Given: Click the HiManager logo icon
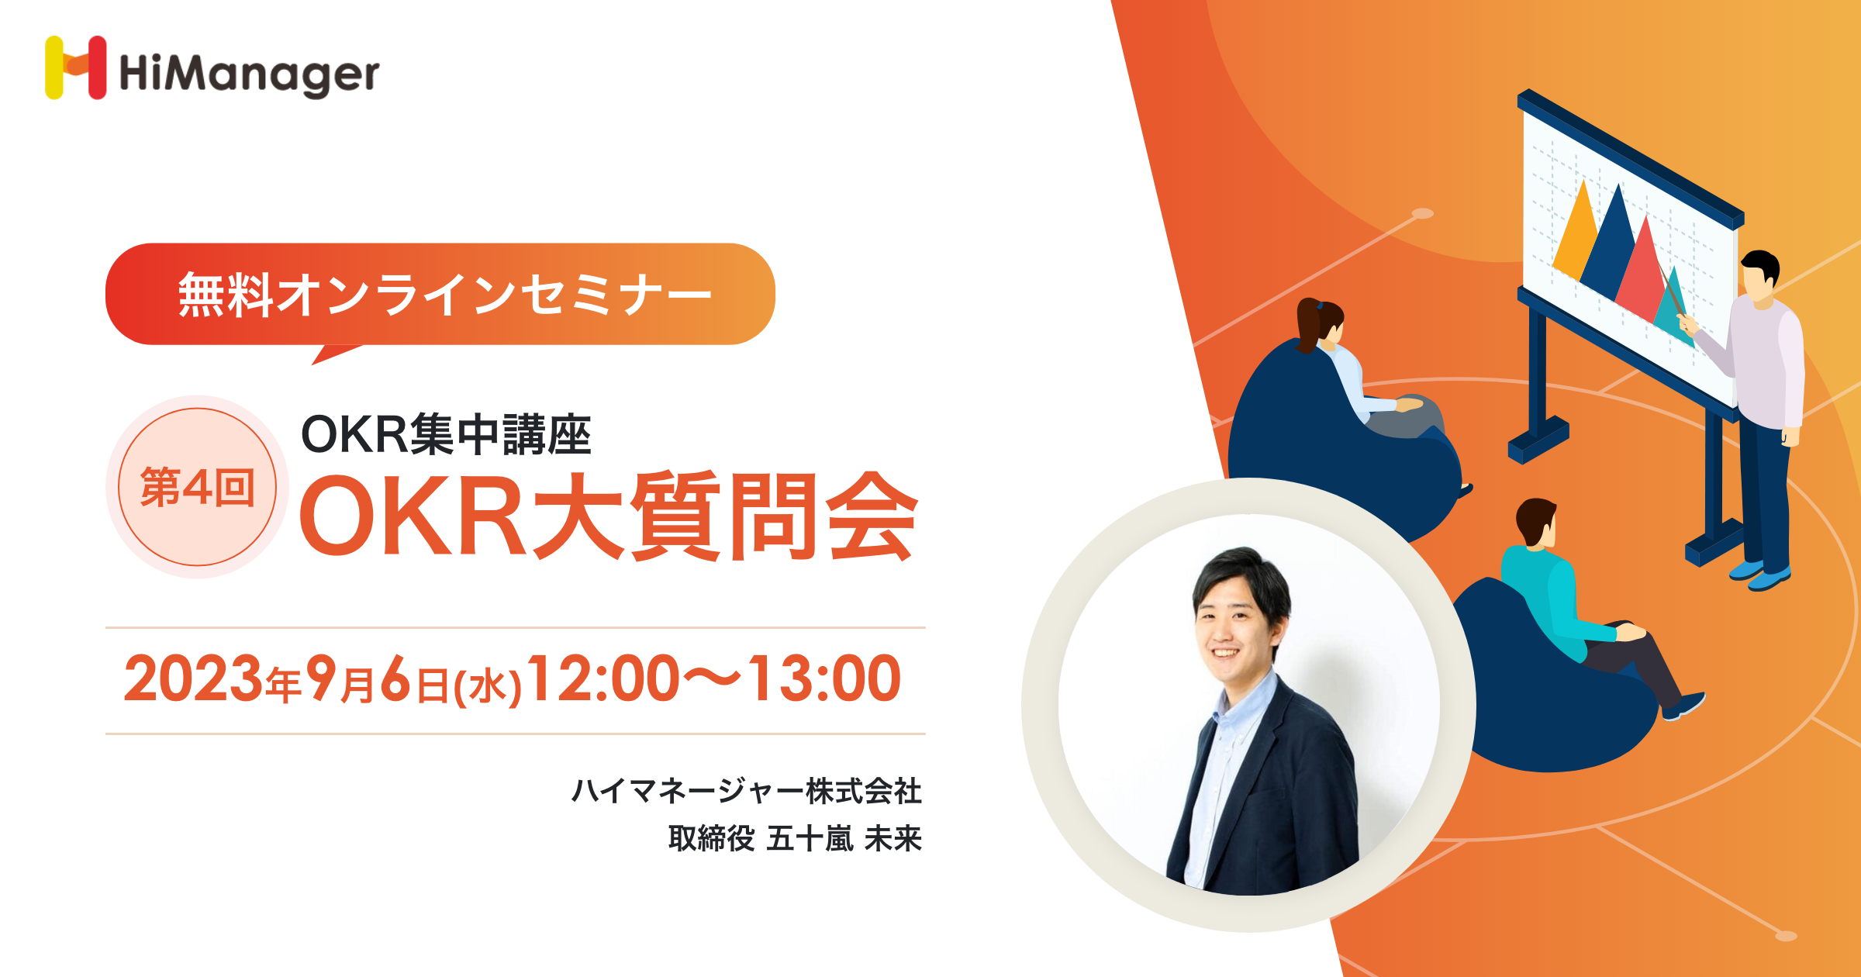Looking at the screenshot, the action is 75,67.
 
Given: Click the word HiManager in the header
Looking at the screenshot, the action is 249,74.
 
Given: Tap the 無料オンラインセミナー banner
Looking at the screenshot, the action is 440,294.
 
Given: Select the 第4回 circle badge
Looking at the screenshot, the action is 197,487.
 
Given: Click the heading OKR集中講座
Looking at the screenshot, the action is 446,434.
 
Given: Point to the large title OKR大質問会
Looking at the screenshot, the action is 609,516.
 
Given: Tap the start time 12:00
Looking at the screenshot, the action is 604,678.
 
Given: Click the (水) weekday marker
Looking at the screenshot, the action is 488,686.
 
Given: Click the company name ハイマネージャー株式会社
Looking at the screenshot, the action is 747,791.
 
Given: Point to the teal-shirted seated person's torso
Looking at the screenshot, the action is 1539,597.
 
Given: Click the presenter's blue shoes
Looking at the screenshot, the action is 1760,575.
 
